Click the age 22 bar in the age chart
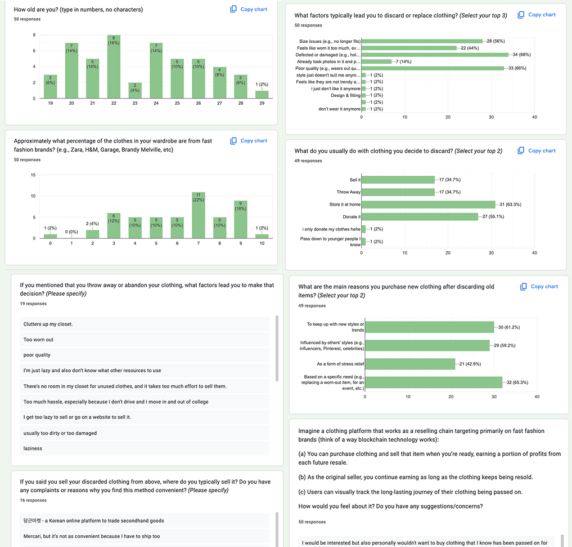(113, 68)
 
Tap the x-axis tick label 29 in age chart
(261, 104)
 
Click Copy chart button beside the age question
(249, 10)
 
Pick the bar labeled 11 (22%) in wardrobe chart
(198, 217)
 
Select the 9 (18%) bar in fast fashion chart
(240, 221)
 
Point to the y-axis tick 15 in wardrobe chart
(34, 175)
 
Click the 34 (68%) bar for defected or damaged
(434, 55)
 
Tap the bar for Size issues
(422, 41)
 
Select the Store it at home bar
(428, 204)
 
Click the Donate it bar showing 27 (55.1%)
(420, 217)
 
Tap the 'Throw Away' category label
(348, 192)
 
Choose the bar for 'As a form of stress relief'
(410, 364)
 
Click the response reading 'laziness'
(33, 448)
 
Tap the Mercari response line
(91, 536)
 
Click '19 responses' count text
(33, 304)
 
